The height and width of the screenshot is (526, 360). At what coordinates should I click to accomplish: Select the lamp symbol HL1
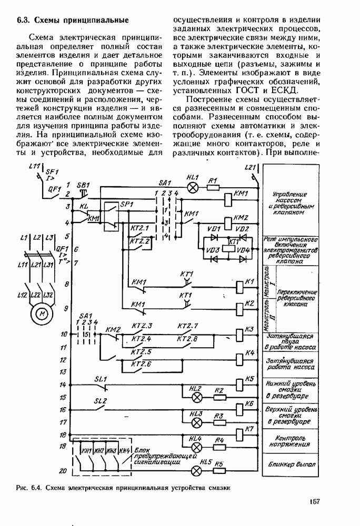pyautogui.click(x=193, y=186)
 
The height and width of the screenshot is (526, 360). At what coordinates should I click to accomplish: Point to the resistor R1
pyautogui.click(x=213, y=187)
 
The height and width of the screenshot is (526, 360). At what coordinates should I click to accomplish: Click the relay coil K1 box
pyautogui.click(x=237, y=285)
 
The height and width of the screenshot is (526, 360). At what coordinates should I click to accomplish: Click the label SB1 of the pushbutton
pyautogui.click(x=83, y=186)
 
